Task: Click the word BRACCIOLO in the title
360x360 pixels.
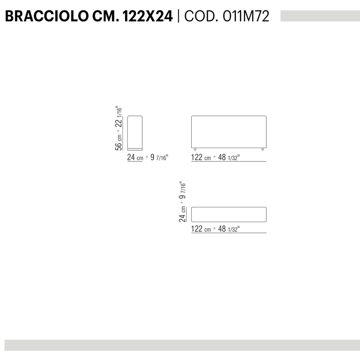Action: (x=47, y=16)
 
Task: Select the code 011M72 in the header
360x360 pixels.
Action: (x=246, y=16)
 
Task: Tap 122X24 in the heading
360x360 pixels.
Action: (x=148, y=16)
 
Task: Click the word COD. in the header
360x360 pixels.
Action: (x=201, y=16)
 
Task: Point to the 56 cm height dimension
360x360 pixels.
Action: (x=118, y=143)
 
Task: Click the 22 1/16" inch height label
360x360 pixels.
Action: (x=118, y=117)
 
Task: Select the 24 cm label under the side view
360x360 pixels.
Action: (x=135, y=157)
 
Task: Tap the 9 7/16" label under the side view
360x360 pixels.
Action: (x=159, y=157)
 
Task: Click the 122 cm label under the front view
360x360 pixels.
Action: (x=201, y=157)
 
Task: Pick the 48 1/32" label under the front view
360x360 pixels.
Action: (x=229, y=157)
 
